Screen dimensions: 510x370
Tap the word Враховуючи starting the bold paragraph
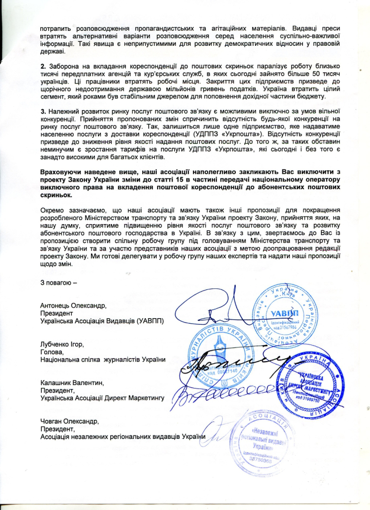(61, 171)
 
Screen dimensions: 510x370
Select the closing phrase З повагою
(59, 283)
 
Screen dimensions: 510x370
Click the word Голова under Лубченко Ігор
(51, 351)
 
